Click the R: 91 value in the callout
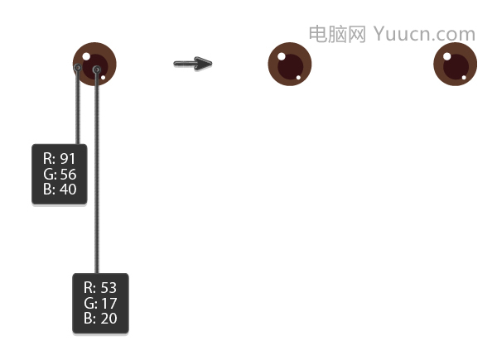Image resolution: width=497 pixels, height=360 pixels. click(60, 158)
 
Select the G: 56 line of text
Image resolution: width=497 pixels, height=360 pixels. click(60, 174)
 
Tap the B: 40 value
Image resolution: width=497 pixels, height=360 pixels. click(60, 189)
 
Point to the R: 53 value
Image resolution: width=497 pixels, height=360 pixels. click(100, 287)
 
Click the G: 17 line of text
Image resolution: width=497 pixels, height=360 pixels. click(100, 303)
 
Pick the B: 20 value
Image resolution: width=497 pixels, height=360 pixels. click(100, 318)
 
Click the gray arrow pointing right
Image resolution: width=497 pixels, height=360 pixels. click(193, 64)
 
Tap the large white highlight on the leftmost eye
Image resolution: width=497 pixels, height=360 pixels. click(86, 56)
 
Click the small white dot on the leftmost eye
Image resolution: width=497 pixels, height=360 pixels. click(103, 77)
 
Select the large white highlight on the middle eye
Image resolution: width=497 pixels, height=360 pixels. click(282, 56)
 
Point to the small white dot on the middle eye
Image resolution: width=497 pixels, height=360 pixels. click(298, 77)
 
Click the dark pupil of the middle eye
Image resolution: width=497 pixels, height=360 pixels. click(291, 67)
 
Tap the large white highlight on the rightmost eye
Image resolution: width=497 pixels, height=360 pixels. click(447, 56)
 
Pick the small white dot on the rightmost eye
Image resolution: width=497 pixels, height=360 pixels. click(464, 77)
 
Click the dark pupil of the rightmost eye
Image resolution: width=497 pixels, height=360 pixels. click(456, 67)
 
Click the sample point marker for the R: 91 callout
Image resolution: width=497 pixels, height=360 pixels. click(78, 67)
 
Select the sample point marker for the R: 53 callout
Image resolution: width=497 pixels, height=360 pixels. click(97, 69)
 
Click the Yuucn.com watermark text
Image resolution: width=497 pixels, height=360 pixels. click(424, 34)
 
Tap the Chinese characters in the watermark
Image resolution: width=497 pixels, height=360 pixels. click(337, 34)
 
